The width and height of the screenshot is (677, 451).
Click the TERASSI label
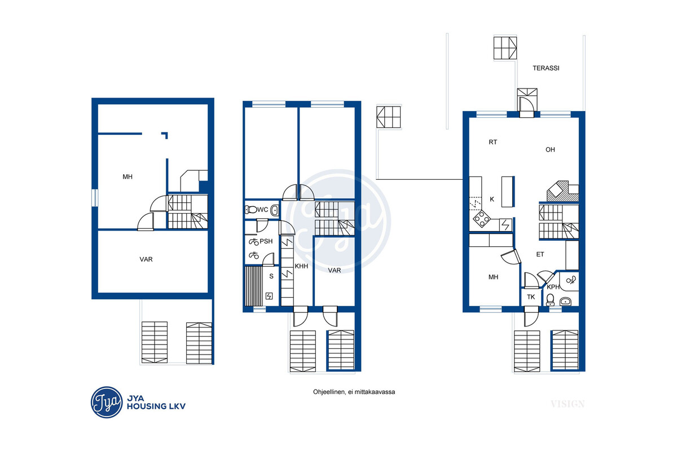(546, 68)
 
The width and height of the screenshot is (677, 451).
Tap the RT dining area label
(493, 142)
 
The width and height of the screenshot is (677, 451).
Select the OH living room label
(550, 149)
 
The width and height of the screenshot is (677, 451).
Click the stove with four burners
(482, 219)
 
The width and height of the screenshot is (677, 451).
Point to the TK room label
(531, 297)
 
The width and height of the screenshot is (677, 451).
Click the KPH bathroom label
(553, 287)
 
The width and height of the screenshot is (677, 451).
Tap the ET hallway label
(540, 254)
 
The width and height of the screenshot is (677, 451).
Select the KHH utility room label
(301, 266)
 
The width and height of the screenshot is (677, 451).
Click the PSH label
(266, 241)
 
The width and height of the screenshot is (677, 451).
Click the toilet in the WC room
(251, 209)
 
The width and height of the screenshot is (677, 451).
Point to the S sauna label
(271, 276)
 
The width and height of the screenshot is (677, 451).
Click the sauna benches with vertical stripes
(253, 286)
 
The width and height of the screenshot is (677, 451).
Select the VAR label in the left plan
(146, 259)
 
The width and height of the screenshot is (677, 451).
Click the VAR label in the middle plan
(335, 271)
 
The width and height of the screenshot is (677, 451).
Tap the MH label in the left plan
(128, 176)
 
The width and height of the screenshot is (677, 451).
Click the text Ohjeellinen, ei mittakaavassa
(354, 392)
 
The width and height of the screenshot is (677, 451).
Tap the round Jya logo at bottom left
(107, 403)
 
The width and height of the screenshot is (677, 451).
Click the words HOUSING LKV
(156, 406)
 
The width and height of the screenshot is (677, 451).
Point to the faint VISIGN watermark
(568, 404)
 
